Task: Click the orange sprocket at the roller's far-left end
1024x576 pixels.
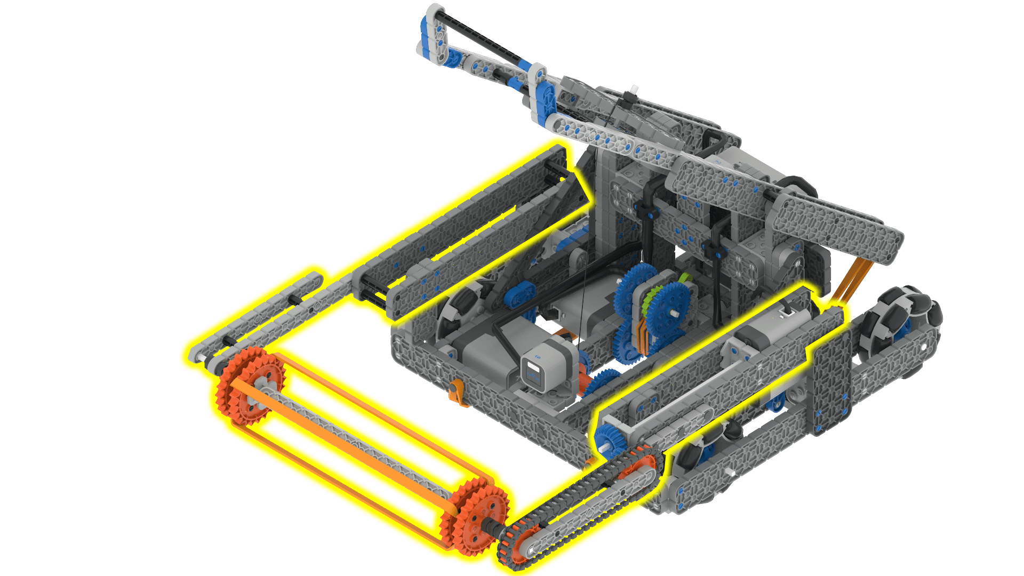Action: (x=250, y=385)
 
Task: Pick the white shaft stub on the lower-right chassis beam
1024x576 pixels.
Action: (x=731, y=474)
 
